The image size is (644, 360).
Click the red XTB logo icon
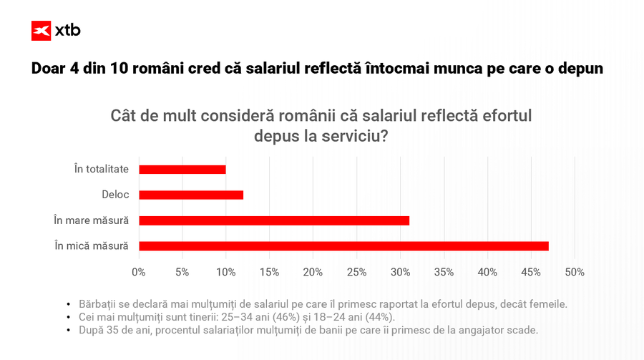(x=42, y=31)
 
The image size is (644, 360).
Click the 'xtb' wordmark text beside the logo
(x=67, y=31)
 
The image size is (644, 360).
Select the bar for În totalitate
(x=182, y=170)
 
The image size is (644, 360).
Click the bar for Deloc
(x=191, y=195)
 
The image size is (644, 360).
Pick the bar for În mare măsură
(x=274, y=220)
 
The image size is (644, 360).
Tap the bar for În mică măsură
(x=343, y=246)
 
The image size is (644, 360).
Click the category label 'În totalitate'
(x=102, y=170)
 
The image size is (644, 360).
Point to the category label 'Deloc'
(x=115, y=195)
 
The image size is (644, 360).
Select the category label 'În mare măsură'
(x=92, y=220)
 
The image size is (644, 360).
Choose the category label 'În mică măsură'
(x=92, y=246)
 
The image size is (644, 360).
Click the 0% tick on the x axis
(x=139, y=273)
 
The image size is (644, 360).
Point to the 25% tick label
(x=356, y=273)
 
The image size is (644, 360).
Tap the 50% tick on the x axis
(x=575, y=273)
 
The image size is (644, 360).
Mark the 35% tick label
(x=444, y=273)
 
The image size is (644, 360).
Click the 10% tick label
(x=226, y=273)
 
